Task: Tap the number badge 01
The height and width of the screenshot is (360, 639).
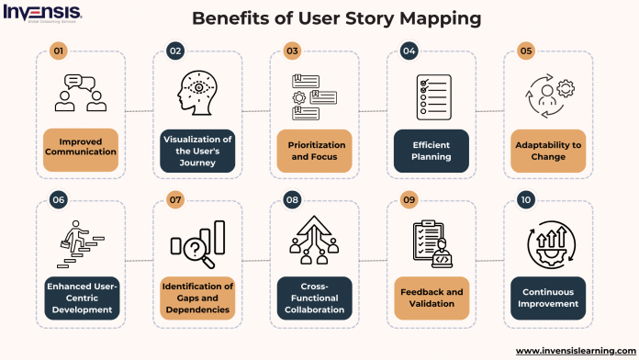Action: pyautogui.click(x=58, y=51)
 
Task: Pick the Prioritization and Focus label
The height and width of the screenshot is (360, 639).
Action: pyautogui.click(x=314, y=152)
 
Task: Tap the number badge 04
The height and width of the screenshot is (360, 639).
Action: pyautogui.click(x=408, y=51)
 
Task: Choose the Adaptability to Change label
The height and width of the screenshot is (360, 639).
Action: pyautogui.click(x=548, y=152)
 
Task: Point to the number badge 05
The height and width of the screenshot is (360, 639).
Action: pyautogui.click(x=525, y=51)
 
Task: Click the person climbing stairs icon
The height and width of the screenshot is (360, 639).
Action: pyautogui.click(x=81, y=242)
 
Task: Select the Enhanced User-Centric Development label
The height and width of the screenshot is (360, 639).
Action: pyautogui.click(x=81, y=298)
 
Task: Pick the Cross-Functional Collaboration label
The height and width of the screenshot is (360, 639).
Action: pyautogui.click(x=314, y=298)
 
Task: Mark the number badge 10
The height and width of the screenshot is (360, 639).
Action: pyautogui.click(x=525, y=199)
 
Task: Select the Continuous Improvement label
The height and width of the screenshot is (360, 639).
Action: pyautogui.click(x=548, y=298)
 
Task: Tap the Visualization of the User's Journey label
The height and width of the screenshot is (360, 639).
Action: pyautogui.click(x=197, y=152)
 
